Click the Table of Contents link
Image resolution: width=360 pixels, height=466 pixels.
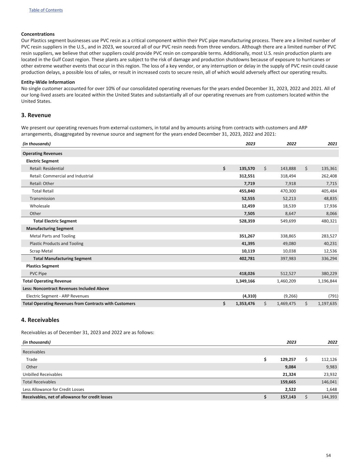[46, 10]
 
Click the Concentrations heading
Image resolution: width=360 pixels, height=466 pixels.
[38, 34]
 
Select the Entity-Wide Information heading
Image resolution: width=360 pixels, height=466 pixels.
[48, 82]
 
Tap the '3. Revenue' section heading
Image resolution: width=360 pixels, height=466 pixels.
[36, 115]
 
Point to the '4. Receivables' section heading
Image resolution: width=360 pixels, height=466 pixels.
[40, 320]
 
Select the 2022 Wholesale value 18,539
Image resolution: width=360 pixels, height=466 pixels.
[288, 206]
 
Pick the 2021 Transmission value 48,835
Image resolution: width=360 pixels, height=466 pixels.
[329, 198]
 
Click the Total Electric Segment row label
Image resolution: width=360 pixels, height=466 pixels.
[55, 221]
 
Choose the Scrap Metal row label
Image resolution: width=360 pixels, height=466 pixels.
[41, 251]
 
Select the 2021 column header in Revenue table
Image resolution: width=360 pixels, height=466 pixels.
[332, 144]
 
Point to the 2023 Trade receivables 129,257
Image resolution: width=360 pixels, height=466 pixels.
[286, 359]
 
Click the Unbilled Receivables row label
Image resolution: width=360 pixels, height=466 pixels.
[42, 374]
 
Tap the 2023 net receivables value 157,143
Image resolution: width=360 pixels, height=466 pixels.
[286, 397]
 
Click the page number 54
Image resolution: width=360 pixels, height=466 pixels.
[328, 455]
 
